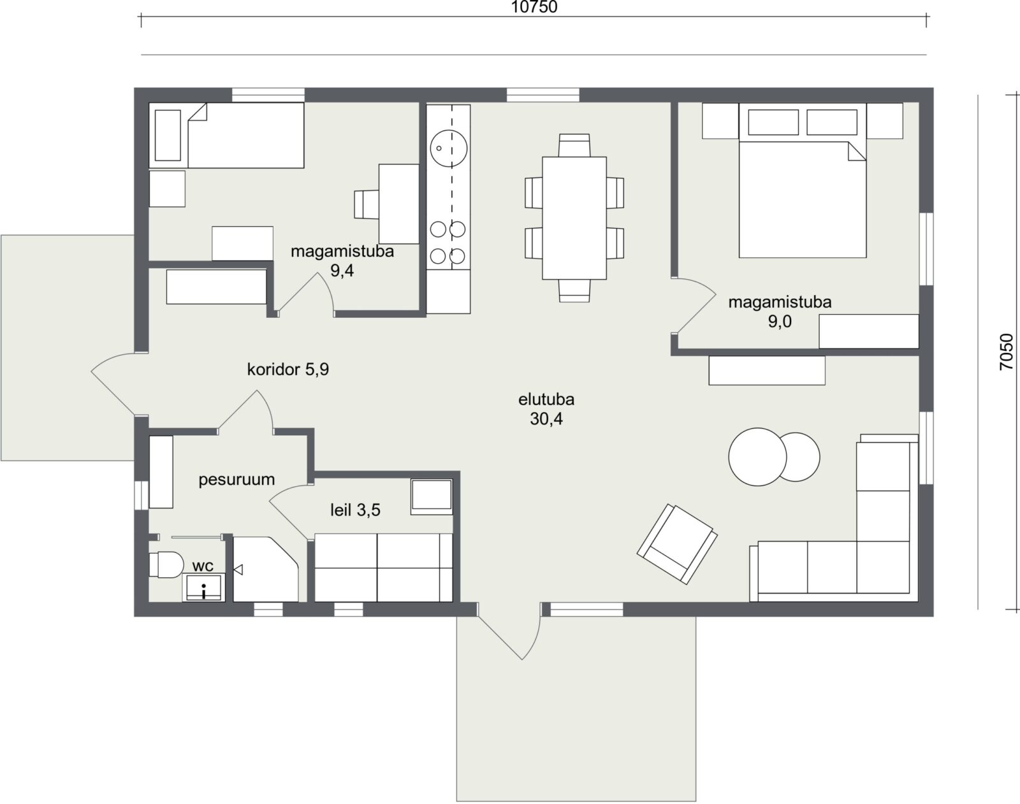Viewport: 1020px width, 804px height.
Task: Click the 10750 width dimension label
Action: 534,7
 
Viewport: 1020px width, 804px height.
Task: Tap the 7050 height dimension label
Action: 1006,352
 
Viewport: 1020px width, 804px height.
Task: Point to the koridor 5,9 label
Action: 288,369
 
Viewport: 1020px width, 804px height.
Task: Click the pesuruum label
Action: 237,480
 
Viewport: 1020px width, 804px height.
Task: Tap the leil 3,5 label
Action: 355,510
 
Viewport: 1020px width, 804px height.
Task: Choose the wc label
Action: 203,566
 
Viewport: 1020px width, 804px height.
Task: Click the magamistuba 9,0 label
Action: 780,312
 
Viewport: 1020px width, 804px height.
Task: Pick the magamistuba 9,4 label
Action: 342,261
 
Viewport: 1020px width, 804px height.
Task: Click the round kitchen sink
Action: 448,148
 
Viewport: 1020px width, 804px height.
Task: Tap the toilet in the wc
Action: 166,564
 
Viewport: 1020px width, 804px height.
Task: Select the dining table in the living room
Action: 574,218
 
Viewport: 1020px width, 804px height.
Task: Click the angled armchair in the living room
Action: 677,543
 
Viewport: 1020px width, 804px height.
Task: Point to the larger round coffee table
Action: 757,457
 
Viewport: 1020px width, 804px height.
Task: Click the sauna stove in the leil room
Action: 432,497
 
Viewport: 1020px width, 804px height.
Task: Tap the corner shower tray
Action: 266,569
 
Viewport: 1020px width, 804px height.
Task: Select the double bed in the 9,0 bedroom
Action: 803,180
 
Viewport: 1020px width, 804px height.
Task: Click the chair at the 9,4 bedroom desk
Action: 367,205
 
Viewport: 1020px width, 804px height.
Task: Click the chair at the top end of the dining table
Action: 574,145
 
